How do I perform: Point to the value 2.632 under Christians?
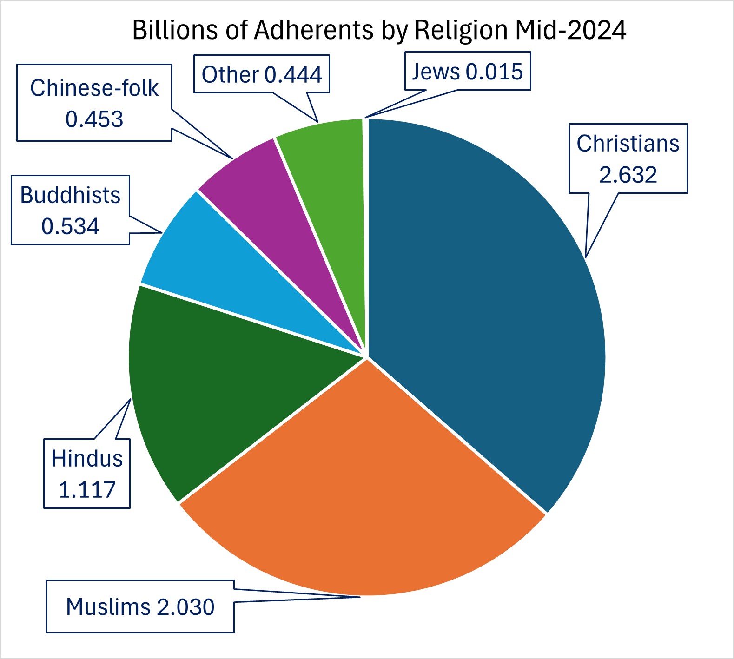628,175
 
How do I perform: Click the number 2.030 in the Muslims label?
185,607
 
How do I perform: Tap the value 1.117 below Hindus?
87,490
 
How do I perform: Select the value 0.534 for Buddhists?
70,226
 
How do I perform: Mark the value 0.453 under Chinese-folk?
94,119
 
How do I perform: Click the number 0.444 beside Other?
293,75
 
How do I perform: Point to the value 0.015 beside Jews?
494,72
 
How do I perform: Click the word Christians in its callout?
628,144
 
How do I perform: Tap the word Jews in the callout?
436,72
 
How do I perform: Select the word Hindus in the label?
87,459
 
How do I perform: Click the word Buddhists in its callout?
70,195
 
